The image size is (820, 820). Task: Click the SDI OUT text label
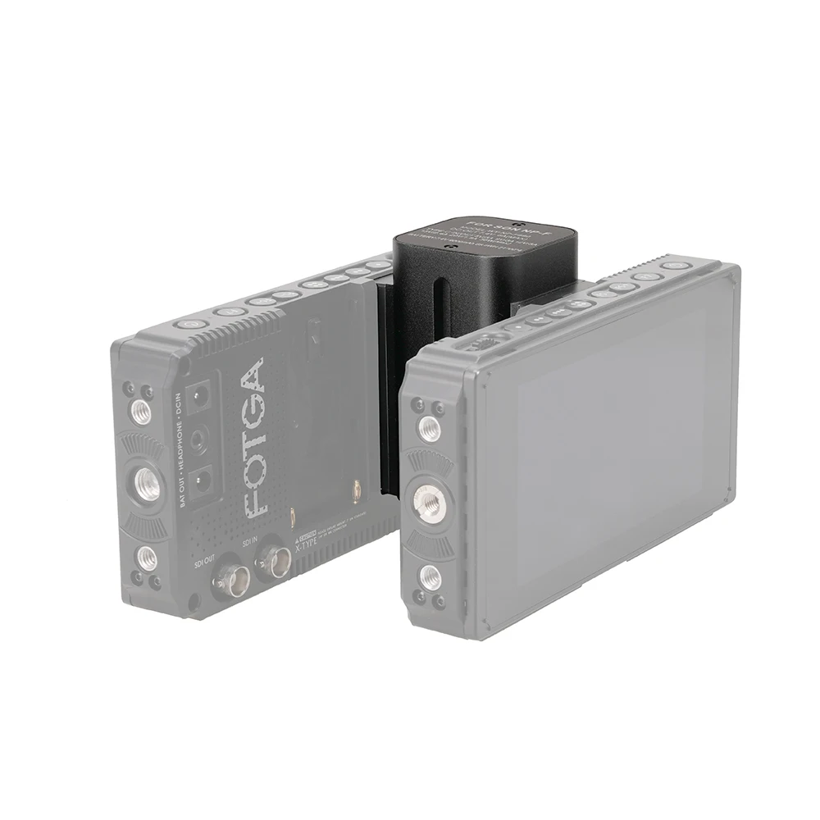click(203, 563)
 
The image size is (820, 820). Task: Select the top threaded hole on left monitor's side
click(140, 409)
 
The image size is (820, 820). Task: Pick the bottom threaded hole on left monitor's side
click(148, 558)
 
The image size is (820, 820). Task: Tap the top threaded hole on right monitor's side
click(427, 427)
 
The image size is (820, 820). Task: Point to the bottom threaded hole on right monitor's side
click(429, 577)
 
